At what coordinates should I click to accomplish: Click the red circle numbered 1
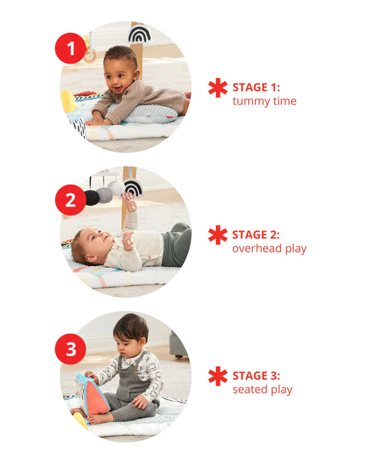coord(71,48)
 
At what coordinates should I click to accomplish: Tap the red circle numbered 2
coord(71,200)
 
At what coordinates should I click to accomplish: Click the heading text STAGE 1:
coord(259,88)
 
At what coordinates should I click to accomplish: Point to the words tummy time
coord(264,101)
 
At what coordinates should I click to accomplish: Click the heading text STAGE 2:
coord(259,235)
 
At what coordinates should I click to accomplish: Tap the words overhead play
coord(269,248)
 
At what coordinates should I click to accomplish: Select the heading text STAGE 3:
coord(259,376)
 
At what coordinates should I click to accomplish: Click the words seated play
coord(262,390)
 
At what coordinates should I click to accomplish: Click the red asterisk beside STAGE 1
coord(218,88)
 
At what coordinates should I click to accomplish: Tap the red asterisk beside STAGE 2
coord(218,235)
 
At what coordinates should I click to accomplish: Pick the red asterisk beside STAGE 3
coord(218,377)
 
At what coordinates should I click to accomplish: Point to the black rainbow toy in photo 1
coord(139,34)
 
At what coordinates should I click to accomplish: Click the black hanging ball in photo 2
coord(92,197)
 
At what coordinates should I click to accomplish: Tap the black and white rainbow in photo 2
coord(132,188)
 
